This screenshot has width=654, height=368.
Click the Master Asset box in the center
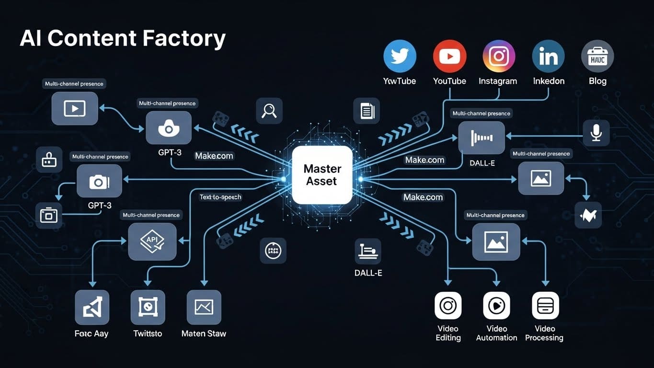pyautogui.click(x=322, y=175)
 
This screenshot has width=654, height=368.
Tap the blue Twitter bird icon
pyautogui.click(x=400, y=57)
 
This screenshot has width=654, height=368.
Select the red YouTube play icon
pyautogui.click(x=449, y=57)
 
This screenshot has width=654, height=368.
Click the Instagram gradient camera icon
pyautogui.click(x=498, y=57)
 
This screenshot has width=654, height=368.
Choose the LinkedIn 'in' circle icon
pyautogui.click(x=548, y=57)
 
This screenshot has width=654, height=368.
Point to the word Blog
pyautogui.click(x=597, y=81)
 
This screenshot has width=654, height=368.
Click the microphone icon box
pyautogui.click(x=596, y=133)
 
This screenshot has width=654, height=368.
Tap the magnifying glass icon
pyautogui.click(x=269, y=111)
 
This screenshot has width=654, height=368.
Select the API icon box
pyautogui.click(x=152, y=241)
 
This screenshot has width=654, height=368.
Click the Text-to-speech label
pyautogui.click(x=220, y=197)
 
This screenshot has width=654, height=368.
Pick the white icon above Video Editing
pyautogui.click(x=448, y=305)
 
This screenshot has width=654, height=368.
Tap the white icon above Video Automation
pyautogui.click(x=496, y=305)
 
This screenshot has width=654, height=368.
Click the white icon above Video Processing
pyautogui.click(x=545, y=305)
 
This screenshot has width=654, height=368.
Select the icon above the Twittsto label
pyautogui.click(x=148, y=307)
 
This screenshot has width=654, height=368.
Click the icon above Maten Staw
pyautogui.click(x=204, y=307)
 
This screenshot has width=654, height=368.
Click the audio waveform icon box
pyautogui.click(x=482, y=138)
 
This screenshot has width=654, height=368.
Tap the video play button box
pyautogui.click(x=75, y=109)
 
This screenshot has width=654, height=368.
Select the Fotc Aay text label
pyautogui.click(x=92, y=333)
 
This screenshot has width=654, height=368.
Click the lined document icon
pyautogui.click(x=367, y=111)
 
